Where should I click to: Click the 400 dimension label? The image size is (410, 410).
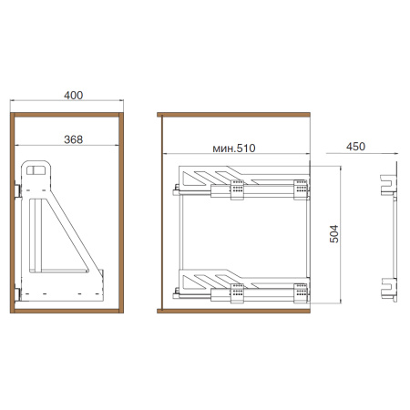(73, 96)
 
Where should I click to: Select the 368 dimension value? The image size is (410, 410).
(73, 139)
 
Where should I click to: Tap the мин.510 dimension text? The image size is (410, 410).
(234, 149)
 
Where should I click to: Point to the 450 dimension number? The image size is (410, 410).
(355, 147)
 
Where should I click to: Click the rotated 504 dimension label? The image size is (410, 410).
(334, 233)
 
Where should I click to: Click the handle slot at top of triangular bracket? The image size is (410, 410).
(36, 170)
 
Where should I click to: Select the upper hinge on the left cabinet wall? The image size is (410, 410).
(17, 190)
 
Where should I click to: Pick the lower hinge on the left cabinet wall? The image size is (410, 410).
(17, 294)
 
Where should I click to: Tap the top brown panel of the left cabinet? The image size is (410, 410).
(67, 115)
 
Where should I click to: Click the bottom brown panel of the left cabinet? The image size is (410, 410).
(67, 311)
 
